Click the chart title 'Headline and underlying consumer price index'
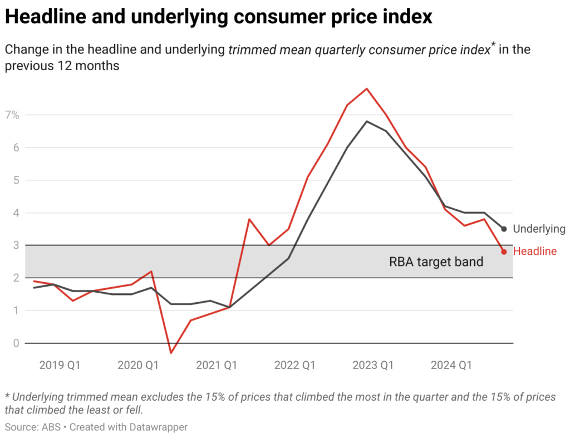pyautogui.click(x=218, y=17)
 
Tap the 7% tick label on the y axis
pyautogui.click(x=13, y=115)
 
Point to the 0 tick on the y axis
pyautogui.click(x=16, y=343)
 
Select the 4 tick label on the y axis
pyautogui.click(x=16, y=213)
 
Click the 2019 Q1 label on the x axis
pyautogui.click(x=60, y=365)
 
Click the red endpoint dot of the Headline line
pyautogui.click(x=504, y=252)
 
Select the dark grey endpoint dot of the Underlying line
pyautogui.click(x=504, y=229)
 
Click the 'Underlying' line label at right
pyautogui.click(x=538, y=229)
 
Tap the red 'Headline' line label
pyautogui.click(x=534, y=252)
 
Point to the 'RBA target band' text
pyautogui.click(x=436, y=262)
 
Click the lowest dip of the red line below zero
pyautogui.click(x=171, y=353)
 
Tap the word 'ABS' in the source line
pyautogui.click(x=47, y=427)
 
